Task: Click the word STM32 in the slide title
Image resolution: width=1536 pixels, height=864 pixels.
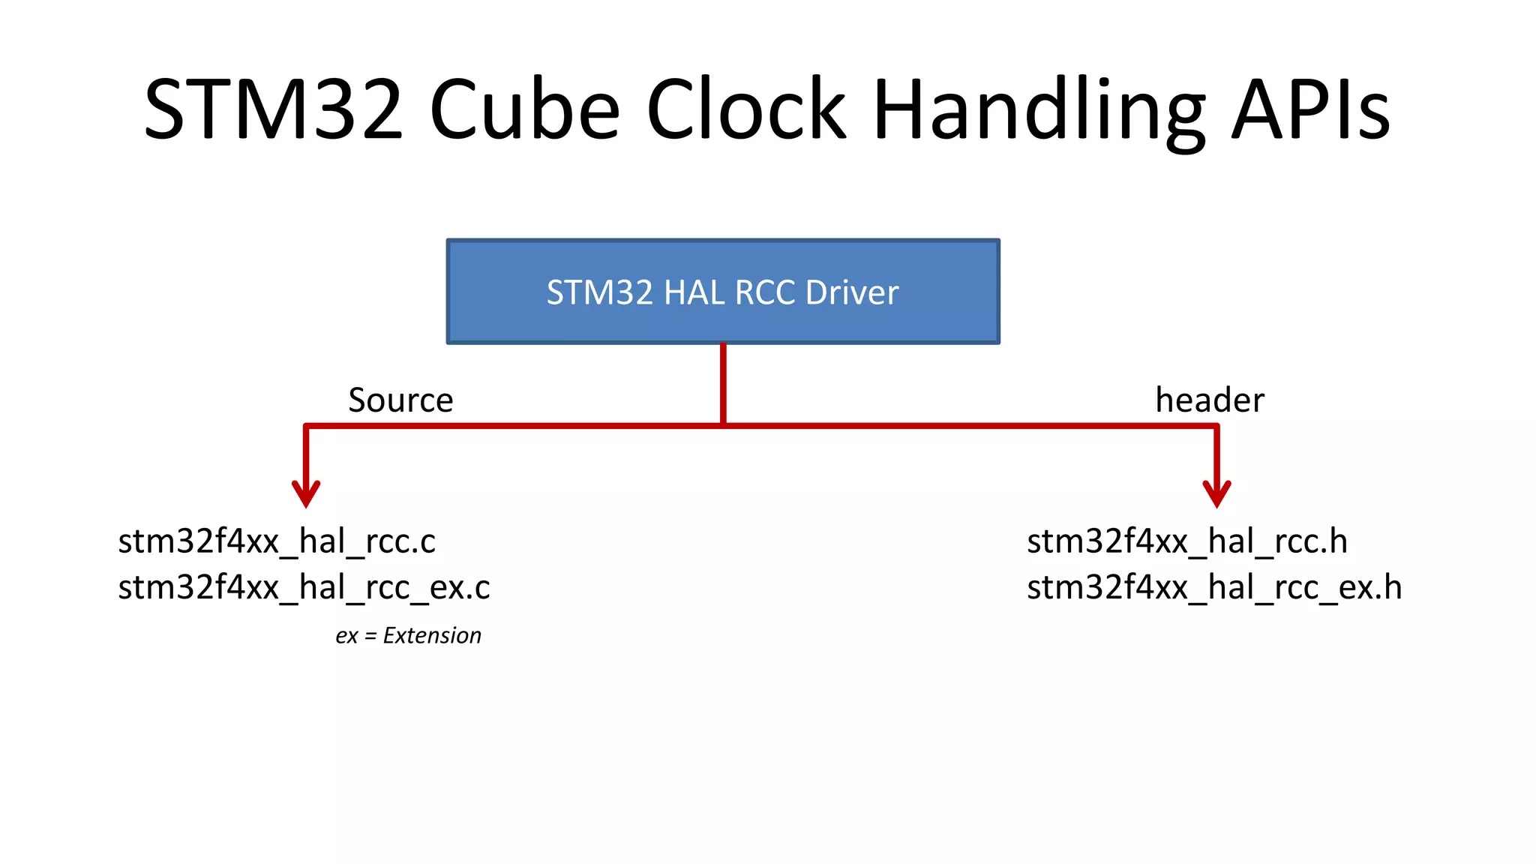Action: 274,109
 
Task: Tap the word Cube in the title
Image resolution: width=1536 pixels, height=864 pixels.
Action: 524,109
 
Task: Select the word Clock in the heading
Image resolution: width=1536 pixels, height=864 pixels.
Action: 746,109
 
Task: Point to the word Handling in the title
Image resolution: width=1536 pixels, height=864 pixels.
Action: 1039,112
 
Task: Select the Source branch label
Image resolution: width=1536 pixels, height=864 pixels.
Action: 400,400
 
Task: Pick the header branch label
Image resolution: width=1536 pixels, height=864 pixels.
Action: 1209,400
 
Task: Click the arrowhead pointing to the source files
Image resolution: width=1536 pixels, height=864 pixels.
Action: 306,495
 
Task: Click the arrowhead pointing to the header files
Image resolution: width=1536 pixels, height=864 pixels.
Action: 1216,495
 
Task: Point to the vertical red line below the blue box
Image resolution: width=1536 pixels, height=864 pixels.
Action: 723,382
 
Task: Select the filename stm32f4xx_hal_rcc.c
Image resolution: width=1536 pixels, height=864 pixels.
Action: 277,541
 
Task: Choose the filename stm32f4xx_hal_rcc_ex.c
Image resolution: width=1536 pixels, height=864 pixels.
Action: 304,587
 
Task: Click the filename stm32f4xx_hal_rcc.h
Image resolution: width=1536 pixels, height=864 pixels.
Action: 1186,541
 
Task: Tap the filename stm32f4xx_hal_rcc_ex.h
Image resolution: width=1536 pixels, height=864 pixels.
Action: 1214,587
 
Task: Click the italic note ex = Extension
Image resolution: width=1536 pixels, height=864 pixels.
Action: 408,636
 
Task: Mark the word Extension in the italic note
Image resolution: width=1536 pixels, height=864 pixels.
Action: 432,636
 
